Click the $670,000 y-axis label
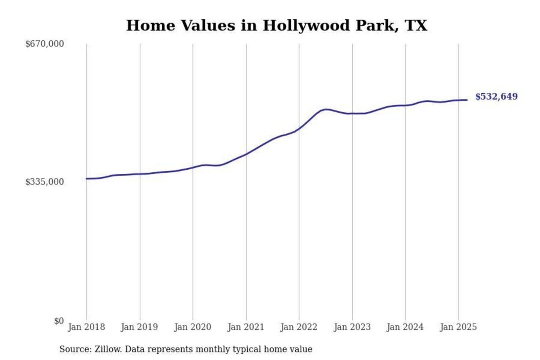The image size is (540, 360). pyautogui.click(x=44, y=44)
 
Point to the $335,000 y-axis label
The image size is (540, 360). pyautogui.click(x=44, y=182)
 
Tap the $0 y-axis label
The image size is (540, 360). pyautogui.click(x=59, y=321)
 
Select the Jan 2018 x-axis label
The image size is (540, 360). pyautogui.click(x=86, y=327)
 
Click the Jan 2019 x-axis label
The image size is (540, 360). pyautogui.click(x=139, y=327)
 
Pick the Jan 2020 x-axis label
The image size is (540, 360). pyautogui.click(x=193, y=327)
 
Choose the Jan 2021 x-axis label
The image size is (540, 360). pyautogui.click(x=246, y=327)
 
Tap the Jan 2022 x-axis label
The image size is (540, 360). pyautogui.click(x=299, y=327)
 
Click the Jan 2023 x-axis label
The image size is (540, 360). pyautogui.click(x=352, y=327)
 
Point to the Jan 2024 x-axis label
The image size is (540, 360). pyautogui.click(x=405, y=327)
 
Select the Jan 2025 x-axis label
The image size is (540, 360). pyautogui.click(x=458, y=327)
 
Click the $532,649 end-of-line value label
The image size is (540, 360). pyautogui.click(x=496, y=96)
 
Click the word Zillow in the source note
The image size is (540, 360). pyautogui.click(x=108, y=349)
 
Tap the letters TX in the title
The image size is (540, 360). pyautogui.click(x=416, y=26)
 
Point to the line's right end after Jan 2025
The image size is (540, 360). pyautogui.click(x=467, y=100)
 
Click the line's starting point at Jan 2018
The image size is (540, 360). pyautogui.click(x=87, y=178)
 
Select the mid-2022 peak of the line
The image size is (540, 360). pyautogui.click(x=326, y=109)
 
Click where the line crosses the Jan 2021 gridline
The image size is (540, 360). pyautogui.click(x=246, y=154)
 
